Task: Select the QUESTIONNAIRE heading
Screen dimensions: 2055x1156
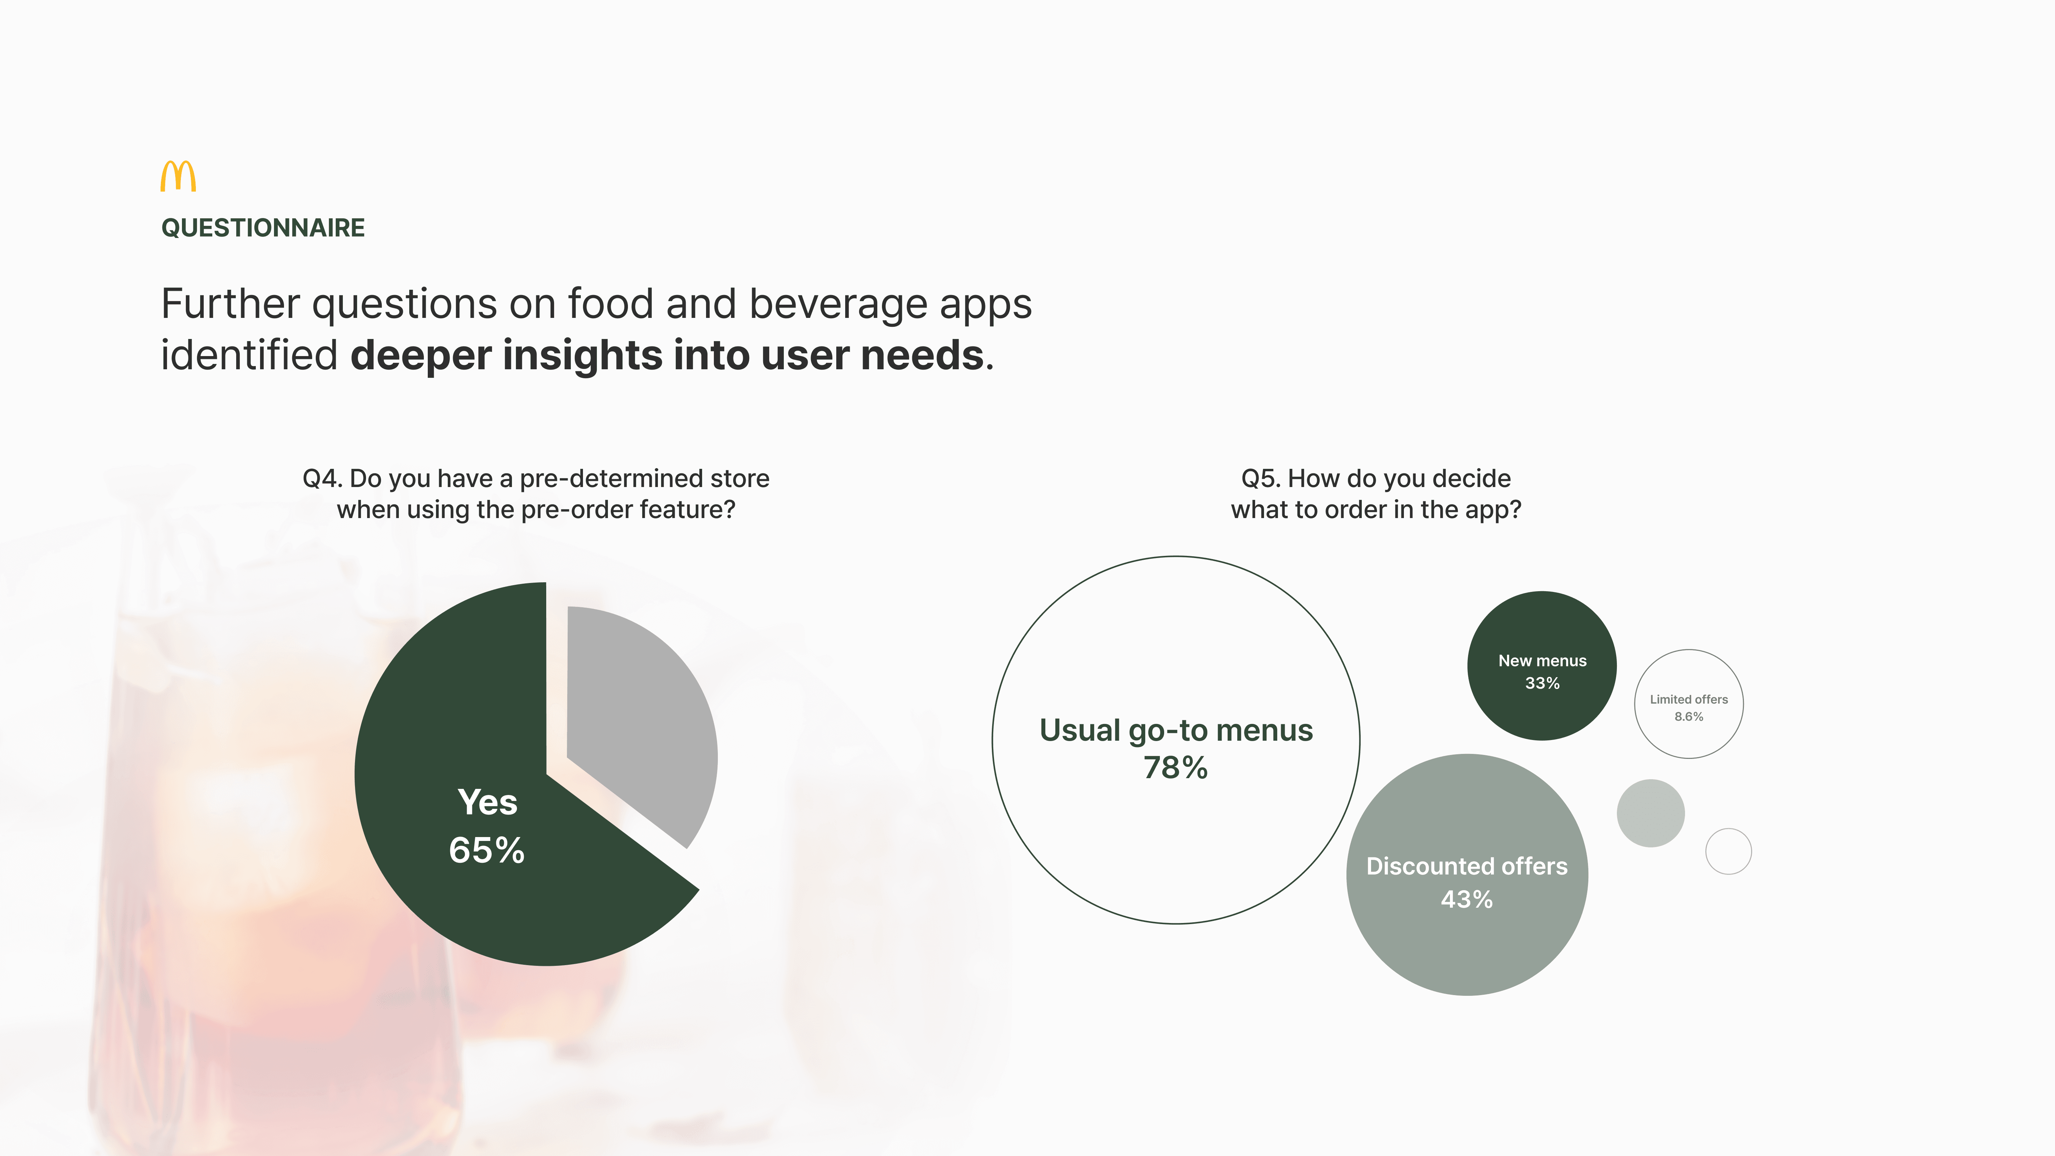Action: pos(263,228)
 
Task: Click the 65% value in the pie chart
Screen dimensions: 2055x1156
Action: pos(487,851)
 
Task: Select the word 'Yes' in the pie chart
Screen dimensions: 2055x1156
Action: pos(487,802)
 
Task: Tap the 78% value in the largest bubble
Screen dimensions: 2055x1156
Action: pos(1176,767)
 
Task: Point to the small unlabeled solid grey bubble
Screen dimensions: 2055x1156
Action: pos(1650,813)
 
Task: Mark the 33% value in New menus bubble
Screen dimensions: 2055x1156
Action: pos(1542,683)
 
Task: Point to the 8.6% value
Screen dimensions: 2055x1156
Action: pos(1689,716)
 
